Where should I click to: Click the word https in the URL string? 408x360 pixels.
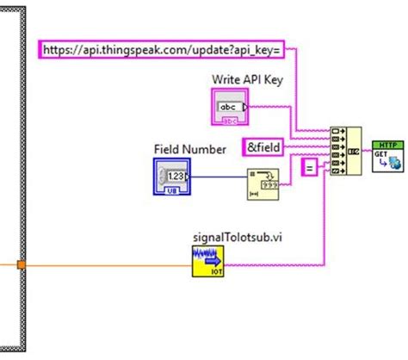point(58,50)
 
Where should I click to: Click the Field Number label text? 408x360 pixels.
point(190,149)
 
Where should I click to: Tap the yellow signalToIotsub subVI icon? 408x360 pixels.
point(209,260)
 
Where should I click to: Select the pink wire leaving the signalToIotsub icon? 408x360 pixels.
point(275,263)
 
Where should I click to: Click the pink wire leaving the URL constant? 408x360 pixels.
point(297,86)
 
